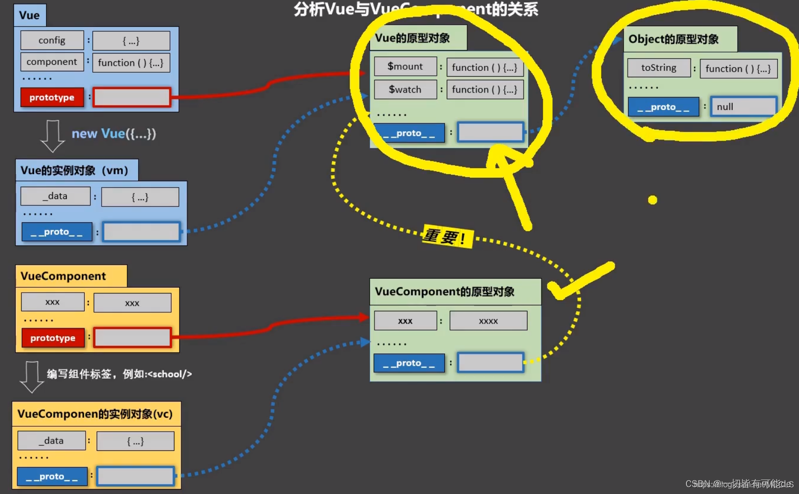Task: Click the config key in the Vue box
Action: coord(52,40)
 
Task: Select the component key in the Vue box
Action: coord(52,62)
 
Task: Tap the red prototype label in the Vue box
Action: coord(52,98)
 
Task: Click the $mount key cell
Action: coord(405,66)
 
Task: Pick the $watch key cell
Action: coord(405,90)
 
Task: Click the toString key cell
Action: coord(658,68)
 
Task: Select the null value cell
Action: coord(743,106)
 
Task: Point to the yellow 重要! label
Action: coord(446,237)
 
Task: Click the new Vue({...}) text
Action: coord(114,134)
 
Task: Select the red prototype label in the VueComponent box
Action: coord(53,338)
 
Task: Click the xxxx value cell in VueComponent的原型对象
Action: coord(488,321)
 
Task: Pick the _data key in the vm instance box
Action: coord(55,196)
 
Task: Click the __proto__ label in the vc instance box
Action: coord(52,477)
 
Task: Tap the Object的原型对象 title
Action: coord(674,39)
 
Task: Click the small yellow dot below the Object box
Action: coord(652,200)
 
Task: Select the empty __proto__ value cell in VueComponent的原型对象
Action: coord(490,362)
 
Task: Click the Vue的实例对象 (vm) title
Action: coord(74,171)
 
